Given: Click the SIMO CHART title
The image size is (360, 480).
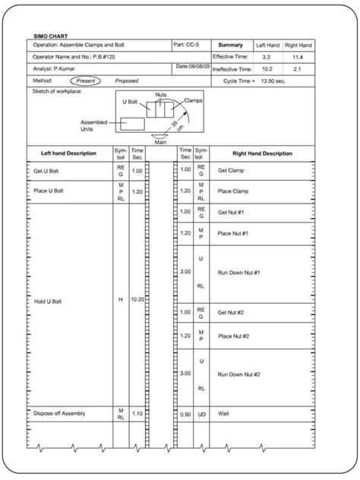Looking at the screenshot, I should pos(48,36).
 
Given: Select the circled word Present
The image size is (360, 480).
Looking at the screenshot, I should pos(84,80).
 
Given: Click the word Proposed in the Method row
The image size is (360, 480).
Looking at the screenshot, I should pos(126,80).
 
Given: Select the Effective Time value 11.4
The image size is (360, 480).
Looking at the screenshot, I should pos(298,57).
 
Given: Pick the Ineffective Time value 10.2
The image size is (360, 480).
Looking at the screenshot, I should pos(266,68).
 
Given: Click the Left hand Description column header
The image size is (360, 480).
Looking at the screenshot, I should pos(68,153).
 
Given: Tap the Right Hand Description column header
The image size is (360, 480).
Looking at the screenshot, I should pos(262,153).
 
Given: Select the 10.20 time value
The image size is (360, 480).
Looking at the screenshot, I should pos(137,299).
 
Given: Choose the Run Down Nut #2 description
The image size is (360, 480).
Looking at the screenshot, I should pos(239,374).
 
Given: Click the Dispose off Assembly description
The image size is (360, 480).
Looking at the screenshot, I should pos(59,413).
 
